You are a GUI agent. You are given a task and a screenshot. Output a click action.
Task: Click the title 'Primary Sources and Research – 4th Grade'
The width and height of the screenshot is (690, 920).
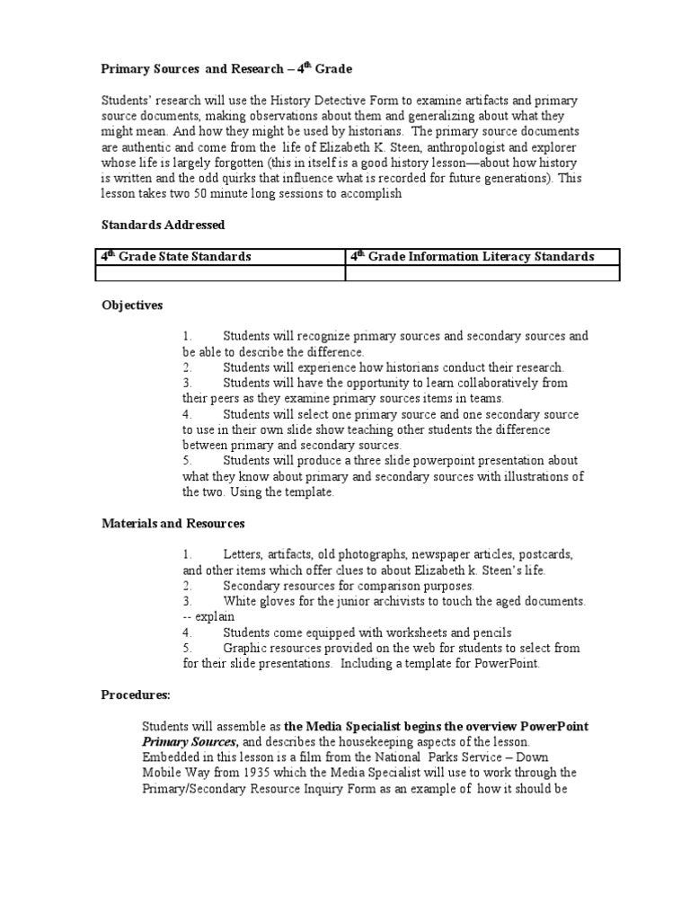(226, 68)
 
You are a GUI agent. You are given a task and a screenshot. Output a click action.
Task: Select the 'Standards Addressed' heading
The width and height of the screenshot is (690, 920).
(163, 224)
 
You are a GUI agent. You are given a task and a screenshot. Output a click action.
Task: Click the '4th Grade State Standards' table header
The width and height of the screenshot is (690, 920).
(175, 257)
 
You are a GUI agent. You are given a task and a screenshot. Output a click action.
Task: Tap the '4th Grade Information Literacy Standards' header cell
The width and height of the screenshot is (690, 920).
(472, 257)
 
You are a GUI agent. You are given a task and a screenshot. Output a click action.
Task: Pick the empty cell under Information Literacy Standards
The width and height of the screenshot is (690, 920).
(482, 273)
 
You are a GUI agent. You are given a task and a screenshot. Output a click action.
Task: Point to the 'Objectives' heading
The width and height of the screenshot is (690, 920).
(131, 305)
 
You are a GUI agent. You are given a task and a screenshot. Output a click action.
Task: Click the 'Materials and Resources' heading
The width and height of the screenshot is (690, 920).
(172, 523)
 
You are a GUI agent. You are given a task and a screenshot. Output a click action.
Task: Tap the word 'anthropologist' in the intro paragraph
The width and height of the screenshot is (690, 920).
(468, 146)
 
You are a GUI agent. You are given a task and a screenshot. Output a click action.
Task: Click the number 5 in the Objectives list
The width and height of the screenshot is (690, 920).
(187, 460)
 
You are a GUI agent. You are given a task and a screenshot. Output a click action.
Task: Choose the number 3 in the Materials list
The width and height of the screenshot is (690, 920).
(187, 601)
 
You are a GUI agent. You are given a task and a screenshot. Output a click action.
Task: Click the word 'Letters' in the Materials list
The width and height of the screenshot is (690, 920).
(243, 554)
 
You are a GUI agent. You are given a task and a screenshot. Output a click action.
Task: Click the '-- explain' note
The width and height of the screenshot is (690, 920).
(208, 616)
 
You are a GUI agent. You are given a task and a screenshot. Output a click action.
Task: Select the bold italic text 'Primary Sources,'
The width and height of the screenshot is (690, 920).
(190, 741)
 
